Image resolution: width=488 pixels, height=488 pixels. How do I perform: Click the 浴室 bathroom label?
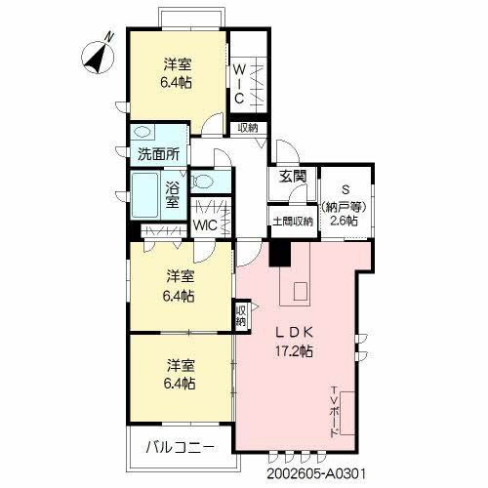(172, 195)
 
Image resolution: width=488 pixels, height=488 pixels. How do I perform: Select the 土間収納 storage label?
(292, 221)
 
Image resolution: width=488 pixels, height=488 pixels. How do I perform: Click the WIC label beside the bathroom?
(206, 224)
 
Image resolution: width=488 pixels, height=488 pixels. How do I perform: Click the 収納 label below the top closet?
(247, 128)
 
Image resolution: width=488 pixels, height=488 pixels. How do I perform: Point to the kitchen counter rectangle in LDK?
(298, 291)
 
